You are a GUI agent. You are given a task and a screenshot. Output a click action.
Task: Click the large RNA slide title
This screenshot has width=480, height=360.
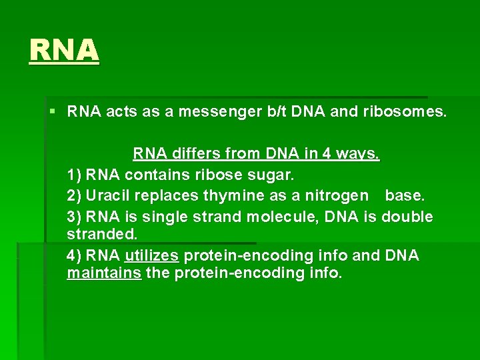(x=64, y=49)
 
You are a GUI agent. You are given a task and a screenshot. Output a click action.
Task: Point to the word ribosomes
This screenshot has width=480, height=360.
(x=405, y=111)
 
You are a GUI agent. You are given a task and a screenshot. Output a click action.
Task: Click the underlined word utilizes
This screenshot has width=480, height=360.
(x=151, y=255)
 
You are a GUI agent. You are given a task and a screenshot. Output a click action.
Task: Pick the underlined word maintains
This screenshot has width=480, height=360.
(x=104, y=273)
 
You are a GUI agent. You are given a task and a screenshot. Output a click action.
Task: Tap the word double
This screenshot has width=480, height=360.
(x=407, y=217)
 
